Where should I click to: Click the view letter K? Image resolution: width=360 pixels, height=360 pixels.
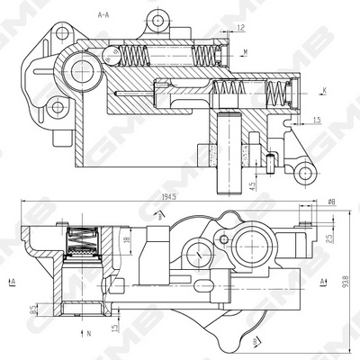point(324,91)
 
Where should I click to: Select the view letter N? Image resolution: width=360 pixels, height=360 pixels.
point(90,333)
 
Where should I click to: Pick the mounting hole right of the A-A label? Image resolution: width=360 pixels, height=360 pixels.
point(158,19)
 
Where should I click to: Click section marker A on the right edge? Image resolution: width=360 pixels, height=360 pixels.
point(321,282)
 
